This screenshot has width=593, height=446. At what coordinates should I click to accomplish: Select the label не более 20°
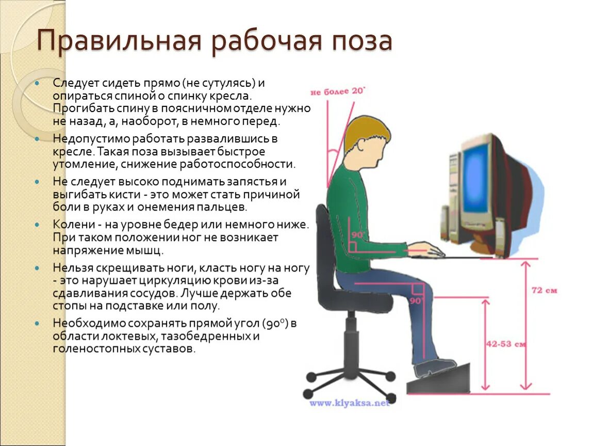[337, 92]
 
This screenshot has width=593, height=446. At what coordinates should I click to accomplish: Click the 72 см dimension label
[544, 291]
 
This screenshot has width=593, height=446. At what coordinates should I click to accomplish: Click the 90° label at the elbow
[357, 235]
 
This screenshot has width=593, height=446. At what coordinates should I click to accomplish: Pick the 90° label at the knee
[416, 300]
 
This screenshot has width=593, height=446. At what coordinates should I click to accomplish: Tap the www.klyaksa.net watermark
[350, 403]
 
